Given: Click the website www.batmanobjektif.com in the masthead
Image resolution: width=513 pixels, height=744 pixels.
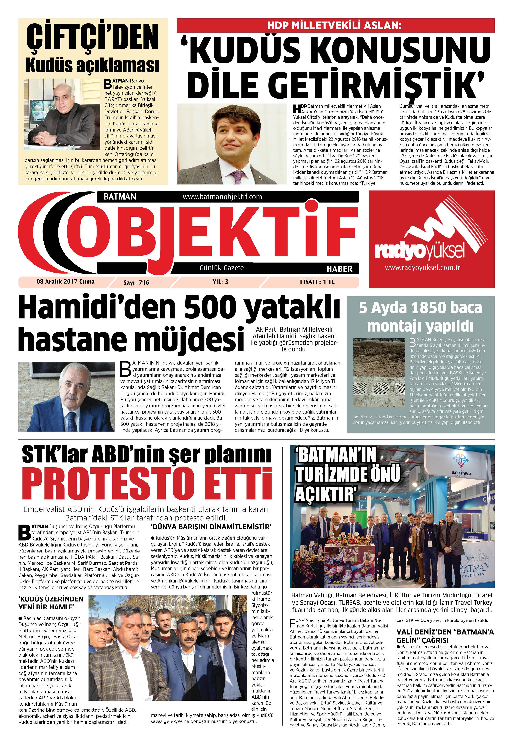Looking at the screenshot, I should pos(222,197).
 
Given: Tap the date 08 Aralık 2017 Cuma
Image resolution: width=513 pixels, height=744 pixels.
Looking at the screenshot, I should pos(66,282).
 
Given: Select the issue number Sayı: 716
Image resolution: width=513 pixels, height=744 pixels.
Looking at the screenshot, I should pos(136,282).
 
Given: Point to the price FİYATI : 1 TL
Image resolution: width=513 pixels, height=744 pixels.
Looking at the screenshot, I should pos(317,282).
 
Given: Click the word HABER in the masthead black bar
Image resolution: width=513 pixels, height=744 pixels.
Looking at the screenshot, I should pos(339,269).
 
